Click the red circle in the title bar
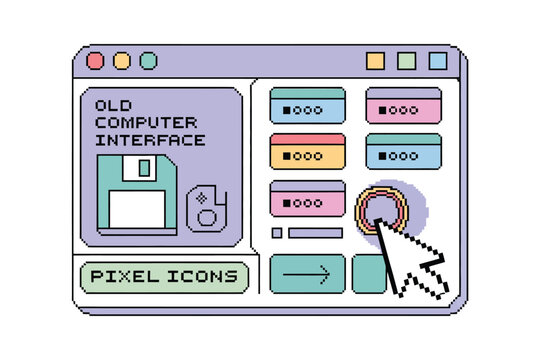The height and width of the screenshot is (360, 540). (95, 61)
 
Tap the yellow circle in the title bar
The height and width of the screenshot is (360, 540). (122, 61)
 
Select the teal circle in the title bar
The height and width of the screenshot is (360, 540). (148, 61)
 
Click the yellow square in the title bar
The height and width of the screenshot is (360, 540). (375, 61)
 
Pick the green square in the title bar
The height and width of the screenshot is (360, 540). (406, 61)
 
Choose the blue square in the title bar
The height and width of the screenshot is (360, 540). (437, 61)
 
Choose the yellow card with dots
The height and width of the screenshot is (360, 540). (307, 151)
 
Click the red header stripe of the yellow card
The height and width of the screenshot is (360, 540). (307, 138)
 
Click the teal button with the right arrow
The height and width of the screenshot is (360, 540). (307, 273)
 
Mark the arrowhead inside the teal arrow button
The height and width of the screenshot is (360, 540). (325, 273)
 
